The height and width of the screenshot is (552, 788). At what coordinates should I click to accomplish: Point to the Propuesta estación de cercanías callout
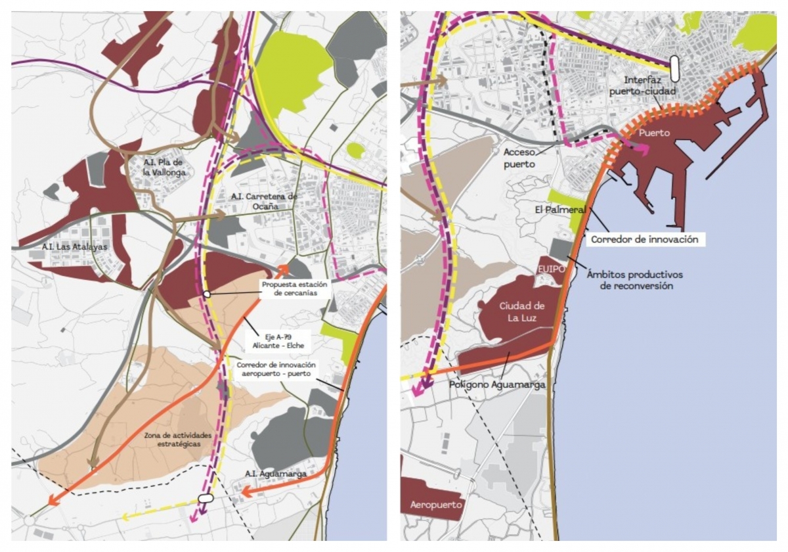point(295,289)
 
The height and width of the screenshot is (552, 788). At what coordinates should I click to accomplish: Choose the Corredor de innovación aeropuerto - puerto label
point(276,369)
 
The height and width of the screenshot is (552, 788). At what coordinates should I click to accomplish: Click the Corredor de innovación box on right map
point(644,240)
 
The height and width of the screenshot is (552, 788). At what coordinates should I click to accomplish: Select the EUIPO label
point(546,270)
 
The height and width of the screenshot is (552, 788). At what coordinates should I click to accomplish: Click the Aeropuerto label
point(436,505)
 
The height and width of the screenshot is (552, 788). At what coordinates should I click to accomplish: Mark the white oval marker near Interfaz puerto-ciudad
point(674,68)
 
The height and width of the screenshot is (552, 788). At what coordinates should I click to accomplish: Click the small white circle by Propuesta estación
point(206,294)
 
